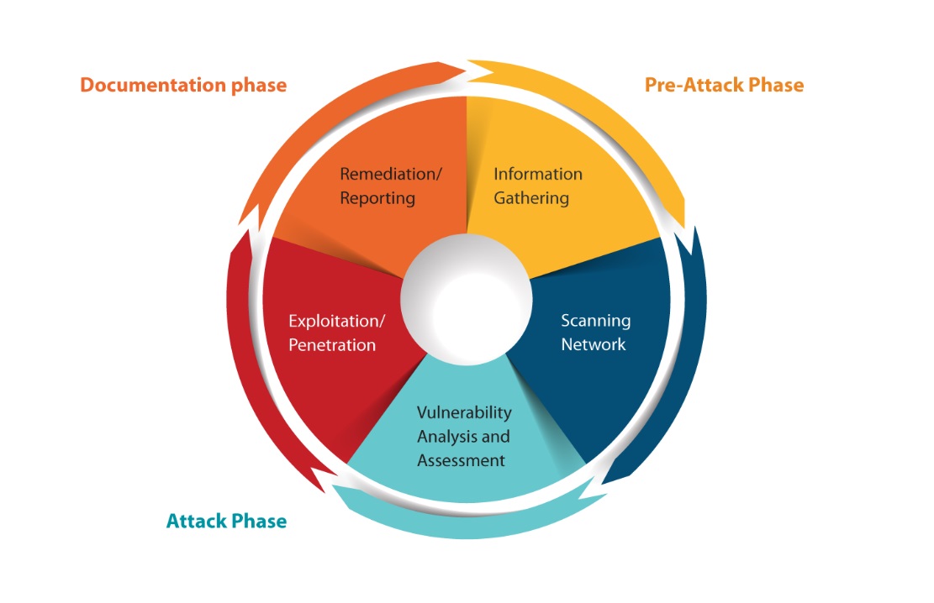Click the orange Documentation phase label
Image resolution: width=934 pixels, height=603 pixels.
tap(182, 86)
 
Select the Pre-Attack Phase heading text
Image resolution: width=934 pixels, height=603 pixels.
tap(724, 85)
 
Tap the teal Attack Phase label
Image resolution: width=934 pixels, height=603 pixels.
tap(226, 521)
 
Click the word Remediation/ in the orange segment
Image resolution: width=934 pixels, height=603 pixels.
tap(390, 175)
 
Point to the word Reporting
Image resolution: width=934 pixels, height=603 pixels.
tap(377, 198)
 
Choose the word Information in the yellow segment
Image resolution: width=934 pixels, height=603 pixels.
tap(537, 175)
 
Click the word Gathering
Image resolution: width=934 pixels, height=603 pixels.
tap(531, 198)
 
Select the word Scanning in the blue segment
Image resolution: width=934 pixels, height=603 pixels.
tap(595, 321)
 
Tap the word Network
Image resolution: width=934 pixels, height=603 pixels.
tap(594, 344)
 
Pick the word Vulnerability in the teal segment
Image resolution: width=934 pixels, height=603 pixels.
tap(464, 412)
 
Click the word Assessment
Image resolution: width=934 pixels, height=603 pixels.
tap(462, 460)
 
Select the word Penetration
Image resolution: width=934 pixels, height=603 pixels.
tap(332, 345)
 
